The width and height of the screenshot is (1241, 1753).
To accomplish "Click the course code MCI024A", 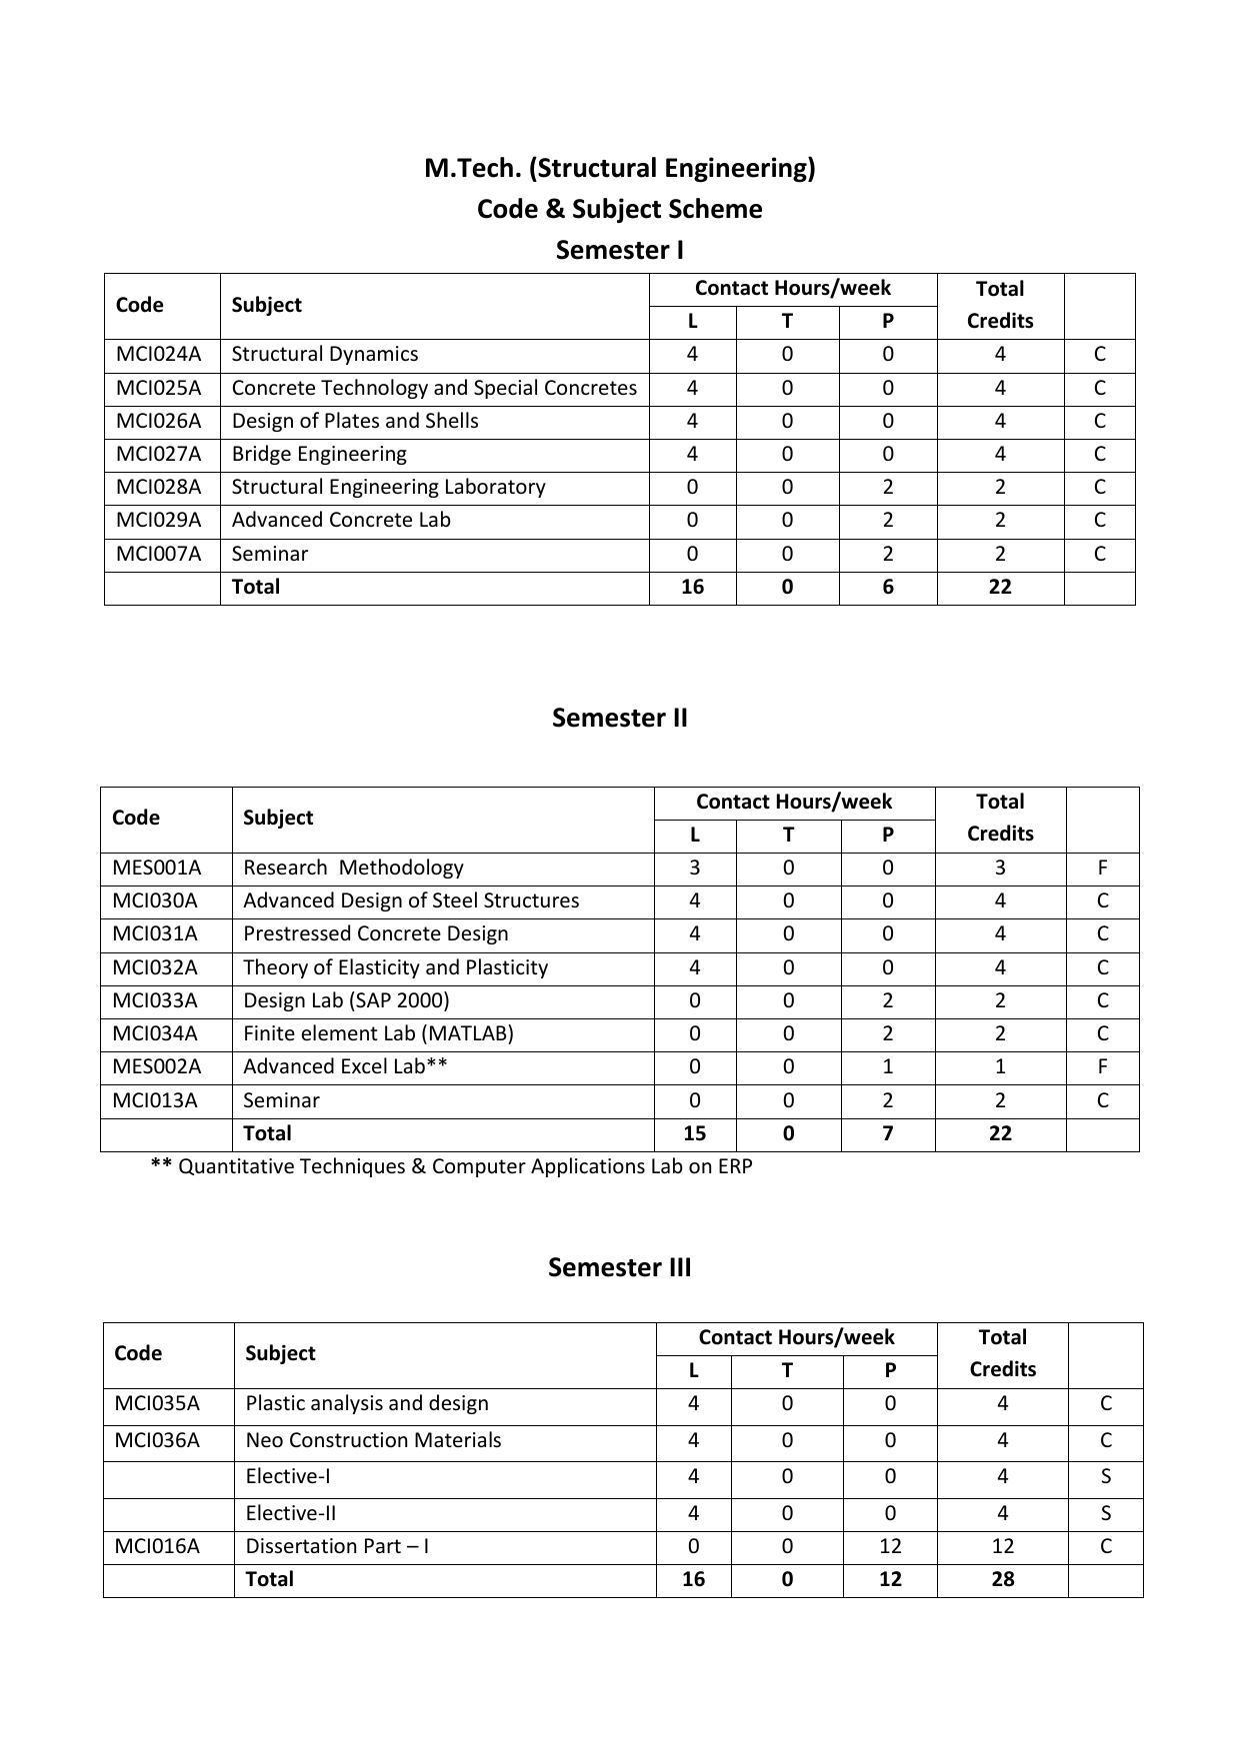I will tap(158, 354).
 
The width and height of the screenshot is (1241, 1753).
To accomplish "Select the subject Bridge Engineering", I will tap(319, 454).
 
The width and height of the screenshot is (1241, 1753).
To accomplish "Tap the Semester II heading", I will tap(619, 718).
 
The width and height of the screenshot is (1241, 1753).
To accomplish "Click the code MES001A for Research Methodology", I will tap(156, 868).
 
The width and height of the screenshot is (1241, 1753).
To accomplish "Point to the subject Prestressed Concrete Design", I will tap(375, 933).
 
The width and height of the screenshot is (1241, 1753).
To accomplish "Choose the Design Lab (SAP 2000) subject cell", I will tap(346, 1000).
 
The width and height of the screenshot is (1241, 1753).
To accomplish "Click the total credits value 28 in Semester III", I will tap(1002, 1579).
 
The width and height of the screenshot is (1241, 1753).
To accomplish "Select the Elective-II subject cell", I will tap(290, 1513).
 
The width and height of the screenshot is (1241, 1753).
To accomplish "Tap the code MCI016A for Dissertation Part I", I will tap(157, 1546).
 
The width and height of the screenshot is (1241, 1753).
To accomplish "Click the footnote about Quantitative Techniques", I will tap(451, 1166).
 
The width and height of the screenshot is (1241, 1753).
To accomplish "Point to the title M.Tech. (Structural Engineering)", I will tap(619, 168).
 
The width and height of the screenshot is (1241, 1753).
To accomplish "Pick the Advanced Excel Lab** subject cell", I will tap(345, 1066).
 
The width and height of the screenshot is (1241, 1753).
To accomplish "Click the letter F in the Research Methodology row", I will tap(1102, 868).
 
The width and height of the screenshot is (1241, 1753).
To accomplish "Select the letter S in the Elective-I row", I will tap(1105, 1476).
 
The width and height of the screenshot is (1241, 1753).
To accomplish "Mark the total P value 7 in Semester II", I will tap(888, 1133).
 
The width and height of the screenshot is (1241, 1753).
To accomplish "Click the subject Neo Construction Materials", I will tap(373, 1440).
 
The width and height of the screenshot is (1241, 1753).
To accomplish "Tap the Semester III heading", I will tap(619, 1267).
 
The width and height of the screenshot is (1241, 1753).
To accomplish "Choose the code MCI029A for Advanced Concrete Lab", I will tap(158, 520).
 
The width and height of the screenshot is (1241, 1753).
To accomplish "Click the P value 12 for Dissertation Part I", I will tap(890, 1546).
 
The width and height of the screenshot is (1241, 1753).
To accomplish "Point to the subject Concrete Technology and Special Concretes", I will tap(434, 388).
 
